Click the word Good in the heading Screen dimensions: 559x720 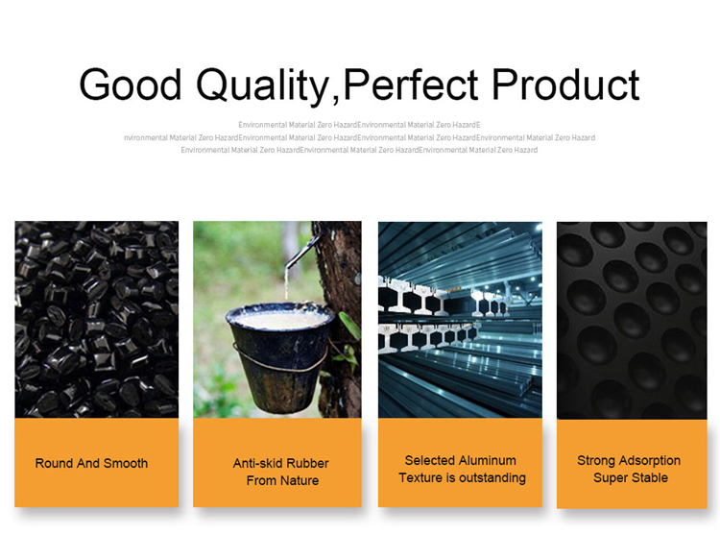click(x=131, y=85)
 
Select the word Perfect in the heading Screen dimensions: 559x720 click(x=419, y=85)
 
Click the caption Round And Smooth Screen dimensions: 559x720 click(x=91, y=463)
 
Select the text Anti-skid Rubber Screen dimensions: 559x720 click(x=281, y=463)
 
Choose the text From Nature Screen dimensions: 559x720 click(x=282, y=480)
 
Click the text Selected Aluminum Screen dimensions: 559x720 click(x=460, y=460)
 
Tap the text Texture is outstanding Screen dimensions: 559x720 click(x=462, y=477)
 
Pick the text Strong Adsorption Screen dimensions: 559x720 click(x=629, y=460)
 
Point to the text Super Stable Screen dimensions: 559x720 click(x=630, y=477)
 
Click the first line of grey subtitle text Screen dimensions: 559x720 click(x=359, y=125)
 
